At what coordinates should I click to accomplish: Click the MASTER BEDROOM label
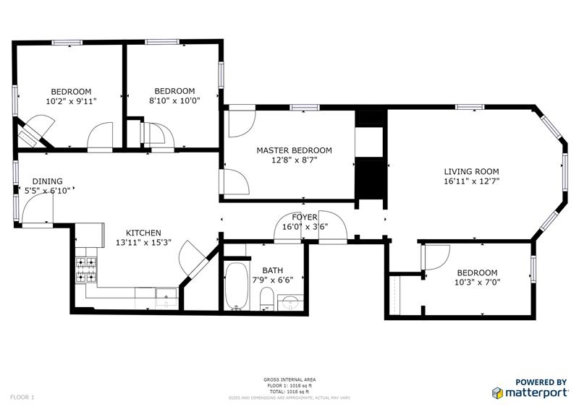pyautogui.click(x=294, y=150)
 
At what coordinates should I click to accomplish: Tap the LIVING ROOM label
pyautogui.click(x=472, y=171)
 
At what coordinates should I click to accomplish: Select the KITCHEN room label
pyautogui.click(x=143, y=233)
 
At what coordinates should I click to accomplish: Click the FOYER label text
pyautogui.click(x=305, y=217)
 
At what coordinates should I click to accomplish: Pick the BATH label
pyautogui.click(x=273, y=270)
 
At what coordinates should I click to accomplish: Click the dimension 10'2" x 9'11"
pyautogui.click(x=71, y=101)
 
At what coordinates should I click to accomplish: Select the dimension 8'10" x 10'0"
pyautogui.click(x=174, y=101)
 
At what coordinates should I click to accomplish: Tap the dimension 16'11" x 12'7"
pyautogui.click(x=472, y=181)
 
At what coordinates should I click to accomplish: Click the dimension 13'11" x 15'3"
pyautogui.click(x=143, y=243)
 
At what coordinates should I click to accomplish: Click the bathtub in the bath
pyautogui.click(x=236, y=287)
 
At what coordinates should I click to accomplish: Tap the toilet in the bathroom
pyautogui.click(x=266, y=299)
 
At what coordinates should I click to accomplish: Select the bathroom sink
pyautogui.click(x=291, y=301)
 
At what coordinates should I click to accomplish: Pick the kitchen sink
pyautogui.click(x=166, y=296)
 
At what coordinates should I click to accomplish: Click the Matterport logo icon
pyautogui.click(x=498, y=392)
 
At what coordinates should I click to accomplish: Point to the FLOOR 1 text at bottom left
pyautogui.click(x=22, y=397)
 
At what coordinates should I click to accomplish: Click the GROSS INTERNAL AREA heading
pyautogui.click(x=289, y=379)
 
